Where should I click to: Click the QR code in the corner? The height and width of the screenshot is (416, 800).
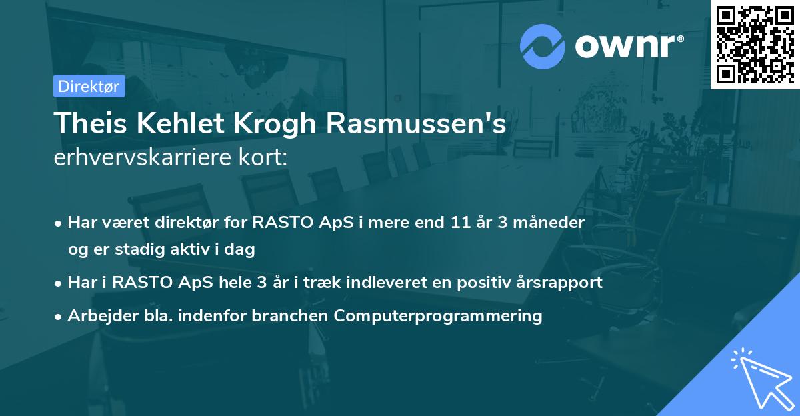click(x=755, y=44)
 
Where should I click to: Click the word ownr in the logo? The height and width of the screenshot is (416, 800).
click(x=628, y=47)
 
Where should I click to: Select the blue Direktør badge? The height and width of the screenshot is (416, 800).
click(x=89, y=86)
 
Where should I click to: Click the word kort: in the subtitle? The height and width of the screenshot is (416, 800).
click(x=267, y=159)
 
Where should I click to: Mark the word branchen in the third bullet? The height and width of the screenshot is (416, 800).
click(x=291, y=316)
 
